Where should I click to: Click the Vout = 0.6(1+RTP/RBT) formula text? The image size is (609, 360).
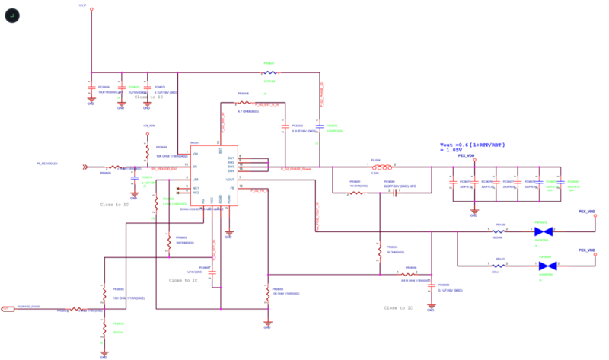pyautogui.click(x=473, y=145)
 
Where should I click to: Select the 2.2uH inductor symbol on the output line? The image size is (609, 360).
pyautogui.click(x=387, y=167)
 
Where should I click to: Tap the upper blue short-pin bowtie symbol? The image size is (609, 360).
pyautogui.click(x=542, y=228)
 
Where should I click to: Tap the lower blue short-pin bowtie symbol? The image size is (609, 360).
pyautogui.click(x=544, y=265)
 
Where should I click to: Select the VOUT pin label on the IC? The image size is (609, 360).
pyautogui.click(x=231, y=179)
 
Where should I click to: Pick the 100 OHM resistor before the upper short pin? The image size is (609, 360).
pyautogui.click(x=499, y=228)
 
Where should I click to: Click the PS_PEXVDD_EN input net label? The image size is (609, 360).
pyautogui.click(x=53, y=164)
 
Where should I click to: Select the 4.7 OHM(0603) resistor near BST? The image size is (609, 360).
pyautogui.click(x=244, y=103)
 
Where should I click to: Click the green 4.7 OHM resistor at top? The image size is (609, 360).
pyautogui.click(x=270, y=73)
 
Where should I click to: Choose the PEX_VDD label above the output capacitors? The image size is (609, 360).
pyautogui.click(x=466, y=155)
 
